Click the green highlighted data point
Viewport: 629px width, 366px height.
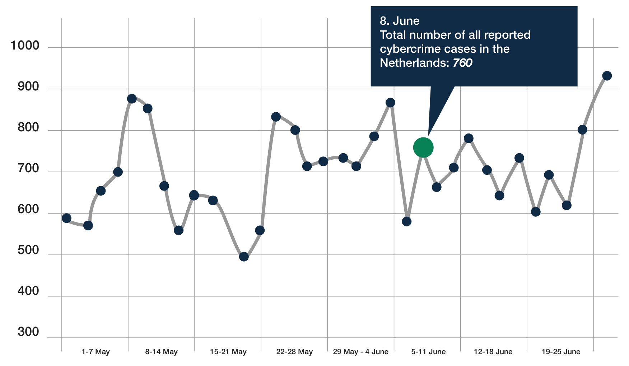(423, 147)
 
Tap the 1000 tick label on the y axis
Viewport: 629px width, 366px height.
(25, 46)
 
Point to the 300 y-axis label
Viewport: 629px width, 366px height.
(28, 332)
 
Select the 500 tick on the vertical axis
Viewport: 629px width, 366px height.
(28, 250)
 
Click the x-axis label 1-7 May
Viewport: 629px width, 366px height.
(95, 352)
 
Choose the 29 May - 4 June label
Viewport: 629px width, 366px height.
(360, 352)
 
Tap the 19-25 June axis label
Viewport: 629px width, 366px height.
(561, 352)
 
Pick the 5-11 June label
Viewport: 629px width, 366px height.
(428, 352)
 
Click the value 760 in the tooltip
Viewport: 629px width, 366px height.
(462, 63)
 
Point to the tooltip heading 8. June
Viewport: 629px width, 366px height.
(400, 21)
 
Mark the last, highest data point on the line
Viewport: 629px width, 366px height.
(607, 76)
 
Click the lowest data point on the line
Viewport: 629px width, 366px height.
(244, 257)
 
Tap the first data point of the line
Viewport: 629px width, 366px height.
(66, 218)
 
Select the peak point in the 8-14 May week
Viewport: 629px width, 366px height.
(132, 99)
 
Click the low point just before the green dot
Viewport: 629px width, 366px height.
(406, 221)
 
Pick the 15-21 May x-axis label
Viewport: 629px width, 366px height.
(228, 352)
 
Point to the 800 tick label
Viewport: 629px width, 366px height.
(28, 127)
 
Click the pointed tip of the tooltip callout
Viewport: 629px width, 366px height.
(428, 136)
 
